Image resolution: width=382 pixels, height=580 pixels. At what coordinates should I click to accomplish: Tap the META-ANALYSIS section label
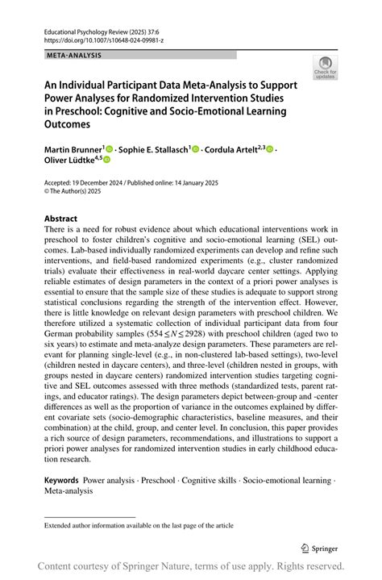pos(73,55)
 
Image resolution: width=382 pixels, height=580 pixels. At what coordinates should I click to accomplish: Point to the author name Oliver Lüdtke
pos(67,161)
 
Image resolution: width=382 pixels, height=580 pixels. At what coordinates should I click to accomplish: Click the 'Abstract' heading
pos(61,219)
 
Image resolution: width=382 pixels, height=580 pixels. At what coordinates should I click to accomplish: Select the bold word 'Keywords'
pos(61,480)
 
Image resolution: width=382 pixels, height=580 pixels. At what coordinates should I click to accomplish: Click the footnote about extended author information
pos(139,525)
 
